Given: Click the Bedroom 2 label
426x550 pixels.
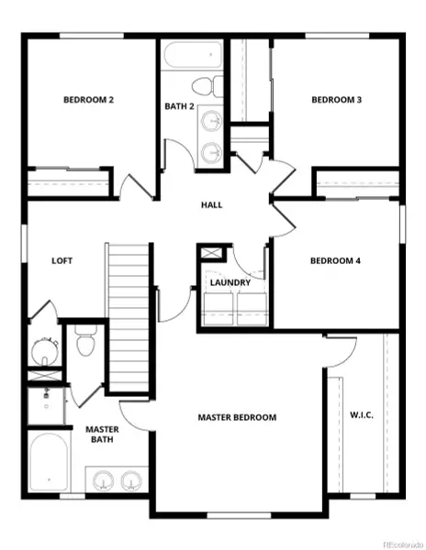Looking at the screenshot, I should [88, 100].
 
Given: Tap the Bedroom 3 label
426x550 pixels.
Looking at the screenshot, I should [336, 100].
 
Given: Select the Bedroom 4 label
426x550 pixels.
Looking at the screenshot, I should [335, 261].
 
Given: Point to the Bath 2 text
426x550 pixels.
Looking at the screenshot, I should [180, 107].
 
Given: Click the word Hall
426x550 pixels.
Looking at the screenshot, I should [212, 205].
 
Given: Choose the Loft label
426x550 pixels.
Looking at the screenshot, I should [62, 260].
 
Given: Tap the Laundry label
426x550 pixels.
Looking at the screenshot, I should [230, 282].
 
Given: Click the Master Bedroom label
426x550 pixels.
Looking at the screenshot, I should [237, 417].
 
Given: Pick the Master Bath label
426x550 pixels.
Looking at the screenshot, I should [101, 435].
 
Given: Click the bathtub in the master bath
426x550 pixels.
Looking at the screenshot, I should [47, 463].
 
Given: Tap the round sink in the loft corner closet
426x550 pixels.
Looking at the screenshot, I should [43, 350].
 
